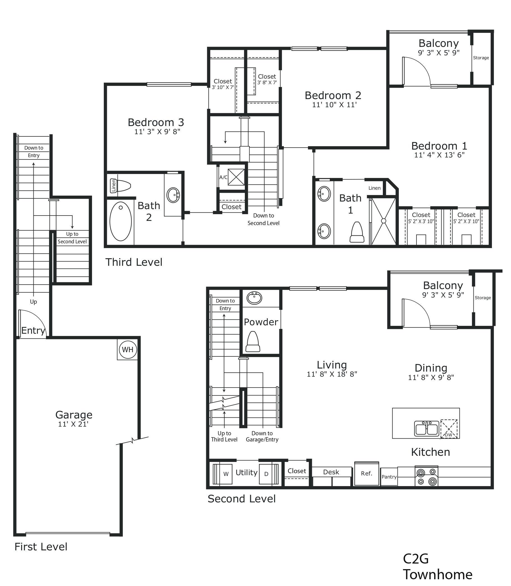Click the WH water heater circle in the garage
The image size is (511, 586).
[x=128, y=349]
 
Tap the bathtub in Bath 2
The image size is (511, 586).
[x=121, y=221]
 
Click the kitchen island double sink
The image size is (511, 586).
[x=427, y=429]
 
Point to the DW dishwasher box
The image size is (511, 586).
[x=449, y=429]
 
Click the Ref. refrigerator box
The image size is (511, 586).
[x=367, y=473]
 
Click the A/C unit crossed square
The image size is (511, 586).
[x=236, y=177]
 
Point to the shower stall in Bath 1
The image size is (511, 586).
[x=384, y=221]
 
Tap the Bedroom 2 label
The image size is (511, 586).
[x=333, y=95]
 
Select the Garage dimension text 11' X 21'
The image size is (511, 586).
[x=73, y=424]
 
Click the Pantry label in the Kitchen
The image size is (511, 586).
[x=389, y=477]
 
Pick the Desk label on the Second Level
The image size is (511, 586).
[x=331, y=472]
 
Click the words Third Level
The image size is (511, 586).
[x=134, y=262]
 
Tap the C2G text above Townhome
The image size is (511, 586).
[x=416, y=559]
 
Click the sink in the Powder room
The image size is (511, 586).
[x=254, y=298]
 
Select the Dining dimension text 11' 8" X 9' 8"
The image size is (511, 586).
[x=431, y=377]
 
